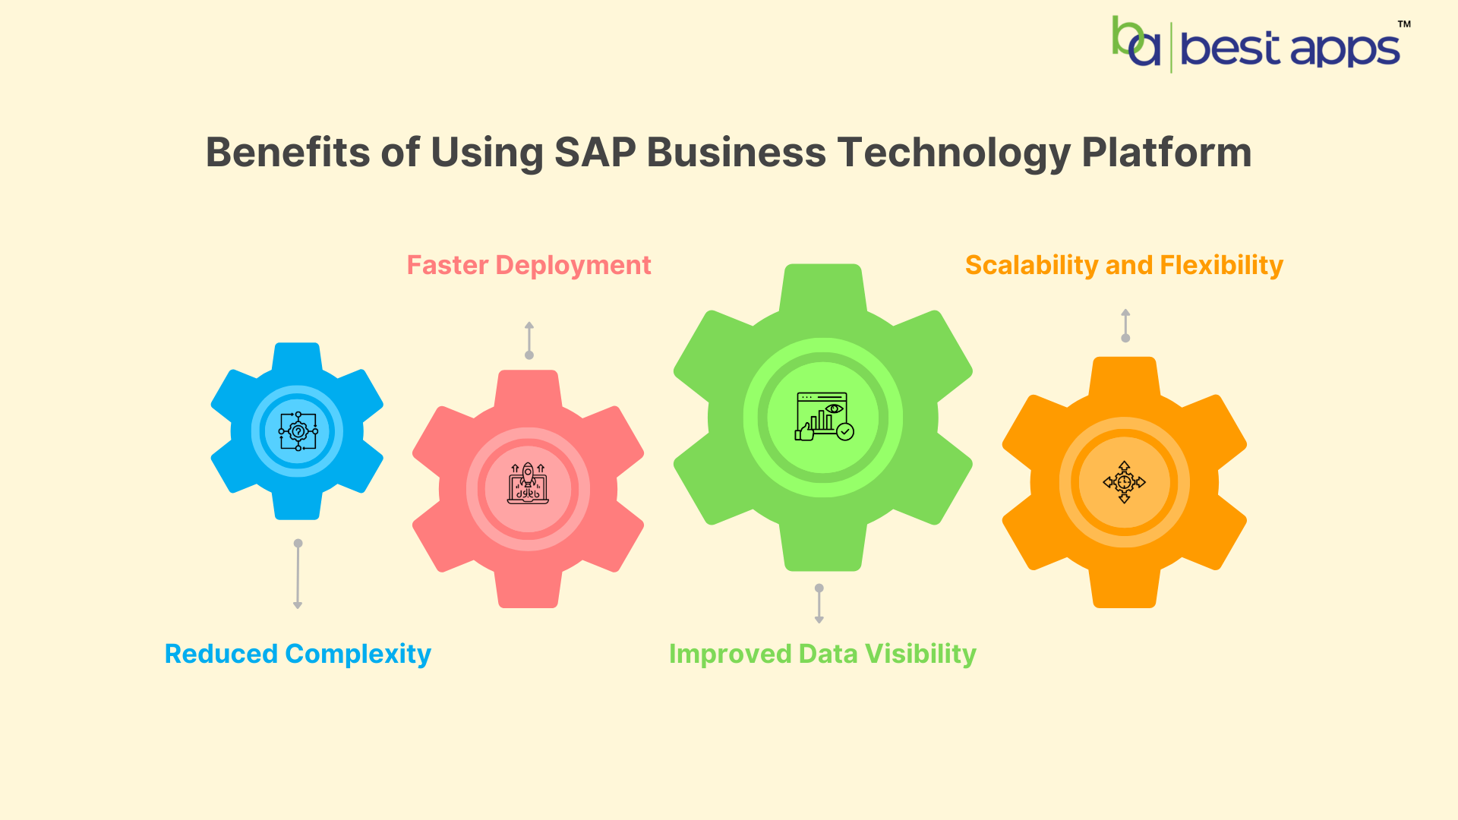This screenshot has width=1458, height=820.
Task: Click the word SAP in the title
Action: pos(595,153)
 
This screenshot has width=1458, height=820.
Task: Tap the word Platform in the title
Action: pos(1166,153)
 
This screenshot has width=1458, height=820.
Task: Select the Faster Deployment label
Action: pos(529,265)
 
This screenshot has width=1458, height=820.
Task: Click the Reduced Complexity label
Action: pos(298,654)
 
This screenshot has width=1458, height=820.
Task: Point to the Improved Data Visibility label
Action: pos(822,654)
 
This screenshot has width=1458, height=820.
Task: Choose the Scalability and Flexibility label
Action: pos(1124,265)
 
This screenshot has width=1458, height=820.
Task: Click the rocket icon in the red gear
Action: pos(528,484)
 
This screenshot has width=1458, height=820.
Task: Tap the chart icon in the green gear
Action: pos(824,416)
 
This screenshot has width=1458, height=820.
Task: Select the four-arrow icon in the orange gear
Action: pos(1124,482)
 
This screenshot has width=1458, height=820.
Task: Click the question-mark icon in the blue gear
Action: pos(298,432)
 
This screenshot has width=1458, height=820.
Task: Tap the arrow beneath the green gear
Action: pos(819,604)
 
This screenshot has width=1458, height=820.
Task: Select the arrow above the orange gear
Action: pos(1125,326)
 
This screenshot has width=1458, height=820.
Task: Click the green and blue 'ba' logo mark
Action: pos(1136,43)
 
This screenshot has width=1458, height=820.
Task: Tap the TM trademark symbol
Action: pos(1404,24)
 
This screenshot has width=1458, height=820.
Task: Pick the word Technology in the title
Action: pos(954,153)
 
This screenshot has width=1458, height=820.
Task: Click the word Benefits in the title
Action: pos(288,153)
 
